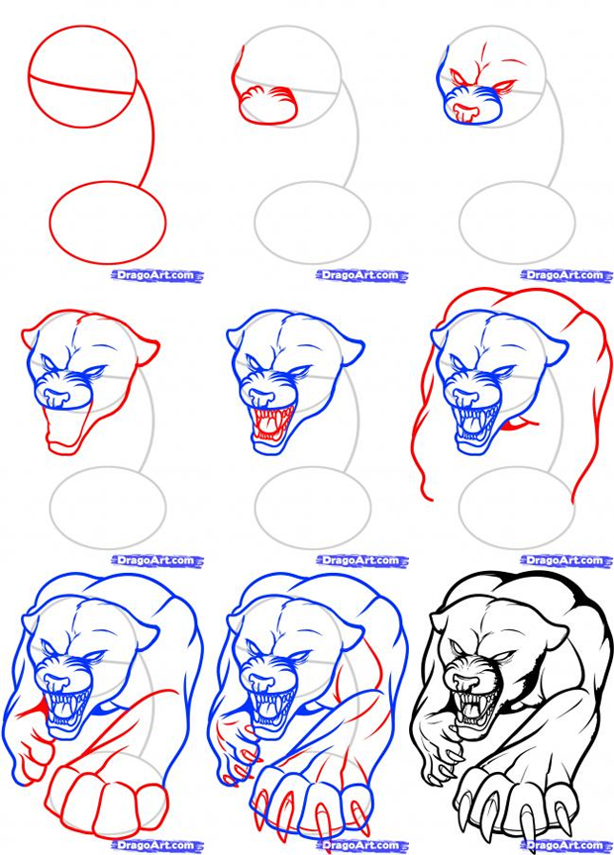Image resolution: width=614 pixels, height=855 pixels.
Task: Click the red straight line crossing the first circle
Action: (x=81, y=85)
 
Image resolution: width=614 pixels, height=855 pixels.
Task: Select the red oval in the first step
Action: (x=108, y=223)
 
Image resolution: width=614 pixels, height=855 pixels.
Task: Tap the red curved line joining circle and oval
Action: (x=149, y=134)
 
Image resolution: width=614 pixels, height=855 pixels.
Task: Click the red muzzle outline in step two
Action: (x=268, y=105)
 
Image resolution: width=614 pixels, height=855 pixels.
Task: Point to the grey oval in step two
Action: (x=312, y=223)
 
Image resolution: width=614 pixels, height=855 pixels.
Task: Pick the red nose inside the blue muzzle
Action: (x=466, y=112)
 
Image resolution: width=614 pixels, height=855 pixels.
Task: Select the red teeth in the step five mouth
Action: (x=271, y=424)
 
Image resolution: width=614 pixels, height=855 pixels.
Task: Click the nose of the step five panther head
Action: (x=260, y=398)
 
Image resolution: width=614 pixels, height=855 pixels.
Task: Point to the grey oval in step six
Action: (x=516, y=508)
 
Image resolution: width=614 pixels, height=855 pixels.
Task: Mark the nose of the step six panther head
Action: (x=465, y=398)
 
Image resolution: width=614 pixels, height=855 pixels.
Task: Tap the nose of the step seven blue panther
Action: (x=56, y=683)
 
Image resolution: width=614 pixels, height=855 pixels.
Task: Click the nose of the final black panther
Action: (x=465, y=683)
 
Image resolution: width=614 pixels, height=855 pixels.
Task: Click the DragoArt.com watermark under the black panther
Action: (x=566, y=846)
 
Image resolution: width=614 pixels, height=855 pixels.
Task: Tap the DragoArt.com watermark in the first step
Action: (x=157, y=275)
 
